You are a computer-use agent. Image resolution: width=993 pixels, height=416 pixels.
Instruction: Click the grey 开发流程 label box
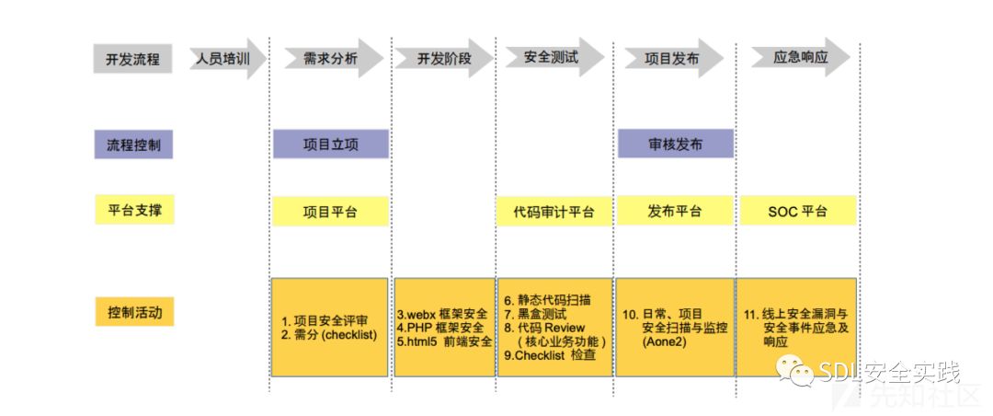coord(132,59)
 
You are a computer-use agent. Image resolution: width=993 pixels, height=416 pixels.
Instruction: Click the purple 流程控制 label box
coord(132,144)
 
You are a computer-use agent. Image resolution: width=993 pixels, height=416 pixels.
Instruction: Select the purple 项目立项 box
coord(330,144)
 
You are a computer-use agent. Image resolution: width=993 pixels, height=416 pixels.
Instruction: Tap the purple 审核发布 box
coord(675,144)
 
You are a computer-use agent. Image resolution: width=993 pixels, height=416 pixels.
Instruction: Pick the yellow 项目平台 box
coord(330,212)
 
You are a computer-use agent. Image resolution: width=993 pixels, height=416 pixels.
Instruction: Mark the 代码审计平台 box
coord(554,212)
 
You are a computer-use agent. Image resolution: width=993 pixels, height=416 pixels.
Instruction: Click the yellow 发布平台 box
coord(674,211)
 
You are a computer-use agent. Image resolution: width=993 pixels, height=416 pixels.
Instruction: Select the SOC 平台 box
coord(797,211)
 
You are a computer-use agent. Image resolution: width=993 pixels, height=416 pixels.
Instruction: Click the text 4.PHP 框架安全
coord(445,328)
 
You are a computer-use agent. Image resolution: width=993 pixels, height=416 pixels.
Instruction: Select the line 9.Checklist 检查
coord(550,355)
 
